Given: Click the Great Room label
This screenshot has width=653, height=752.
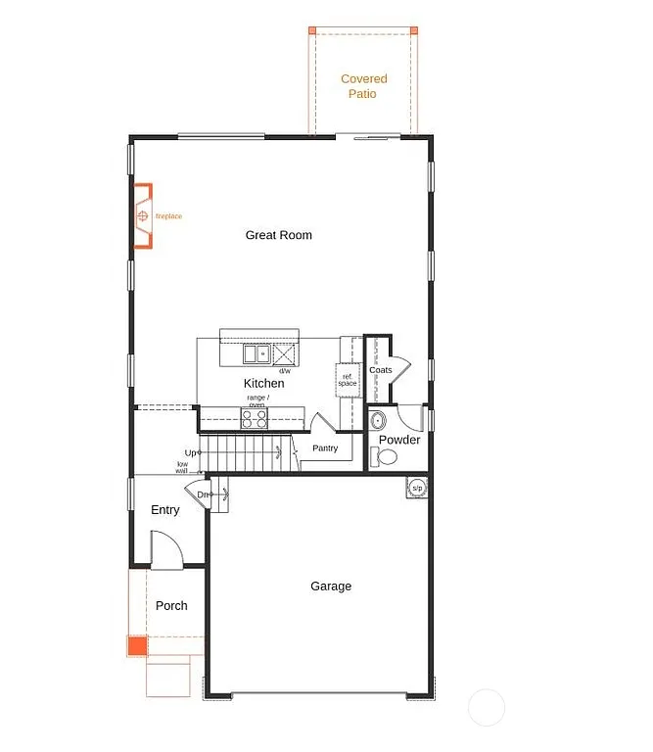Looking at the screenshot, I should [279, 235].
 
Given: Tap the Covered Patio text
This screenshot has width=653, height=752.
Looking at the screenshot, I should [363, 86].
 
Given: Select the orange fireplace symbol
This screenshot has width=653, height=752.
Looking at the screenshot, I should [143, 215].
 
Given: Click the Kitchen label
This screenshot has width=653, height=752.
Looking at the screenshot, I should [263, 383].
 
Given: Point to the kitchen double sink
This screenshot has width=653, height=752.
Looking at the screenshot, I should [257, 353].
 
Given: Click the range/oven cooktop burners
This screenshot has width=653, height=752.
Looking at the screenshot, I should [255, 418].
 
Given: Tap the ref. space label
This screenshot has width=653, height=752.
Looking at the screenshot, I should [348, 379].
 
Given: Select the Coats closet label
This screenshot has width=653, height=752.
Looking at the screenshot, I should [380, 370].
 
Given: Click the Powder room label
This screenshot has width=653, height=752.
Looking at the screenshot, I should [399, 440].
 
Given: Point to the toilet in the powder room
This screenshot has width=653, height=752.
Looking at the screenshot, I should [386, 456].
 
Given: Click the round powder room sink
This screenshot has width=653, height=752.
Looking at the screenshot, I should [379, 422].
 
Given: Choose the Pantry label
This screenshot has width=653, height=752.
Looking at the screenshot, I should [325, 448].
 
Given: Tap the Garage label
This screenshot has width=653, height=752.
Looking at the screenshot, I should [331, 587].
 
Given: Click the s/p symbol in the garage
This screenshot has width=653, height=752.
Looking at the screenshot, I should [417, 487].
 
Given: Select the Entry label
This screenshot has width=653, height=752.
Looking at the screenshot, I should [165, 510].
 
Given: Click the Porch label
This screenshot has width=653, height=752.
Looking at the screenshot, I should [171, 606].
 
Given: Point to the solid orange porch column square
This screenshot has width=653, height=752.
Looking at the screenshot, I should [136, 646].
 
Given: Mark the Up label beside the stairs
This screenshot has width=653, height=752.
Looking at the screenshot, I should [192, 452].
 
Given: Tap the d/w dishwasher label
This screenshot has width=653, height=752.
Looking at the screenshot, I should [285, 371].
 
